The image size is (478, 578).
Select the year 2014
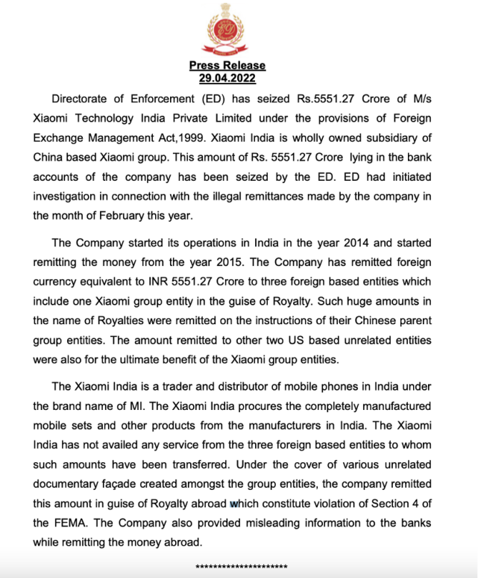pyautogui.click(x=316, y=244)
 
